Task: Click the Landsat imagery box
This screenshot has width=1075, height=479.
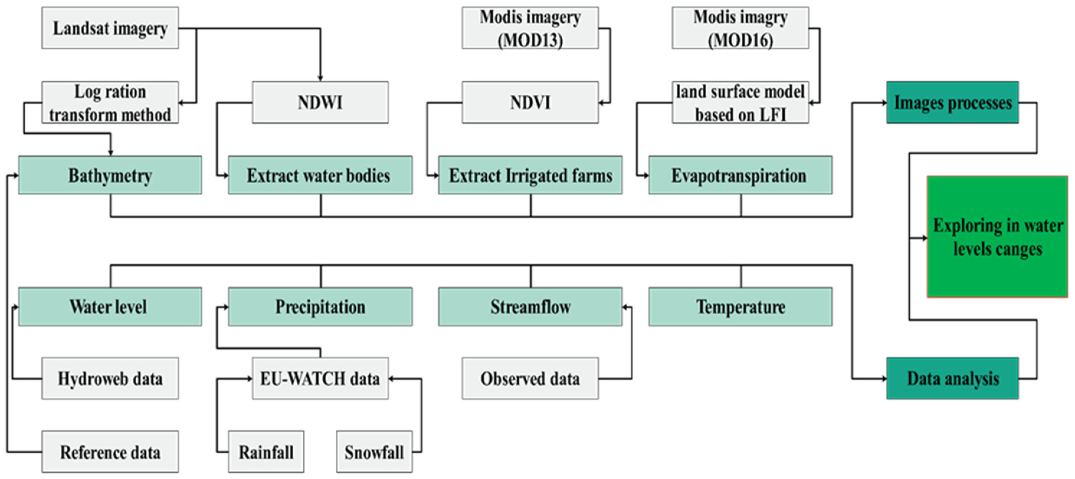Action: click(110, 28)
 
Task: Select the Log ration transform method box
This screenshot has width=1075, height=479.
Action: click(110, 103)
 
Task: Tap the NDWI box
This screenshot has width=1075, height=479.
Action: click(320, 103)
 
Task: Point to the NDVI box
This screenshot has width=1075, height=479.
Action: click(530, 103)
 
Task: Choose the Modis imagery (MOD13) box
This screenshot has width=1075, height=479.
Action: click(530, 28)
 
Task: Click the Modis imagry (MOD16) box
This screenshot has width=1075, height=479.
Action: click(740, 28)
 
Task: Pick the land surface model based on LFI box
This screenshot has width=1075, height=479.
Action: click(740, 103)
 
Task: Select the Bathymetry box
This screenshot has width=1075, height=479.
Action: click(110, 175)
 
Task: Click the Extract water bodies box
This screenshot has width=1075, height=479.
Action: click(320, 175)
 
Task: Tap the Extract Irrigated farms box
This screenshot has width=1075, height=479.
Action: click(530, 175)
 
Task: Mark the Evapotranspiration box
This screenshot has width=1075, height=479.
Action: click(740, 175)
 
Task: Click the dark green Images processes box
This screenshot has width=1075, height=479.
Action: click(952, 103)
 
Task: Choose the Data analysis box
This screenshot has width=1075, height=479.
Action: click(952, 379)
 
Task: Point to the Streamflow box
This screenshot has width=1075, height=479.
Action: click(530, 307)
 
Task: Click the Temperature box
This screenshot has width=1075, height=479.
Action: click(740, 307)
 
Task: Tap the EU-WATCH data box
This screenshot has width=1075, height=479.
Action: click(320, 379)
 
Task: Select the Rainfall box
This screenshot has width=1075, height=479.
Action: click(266, 452)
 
